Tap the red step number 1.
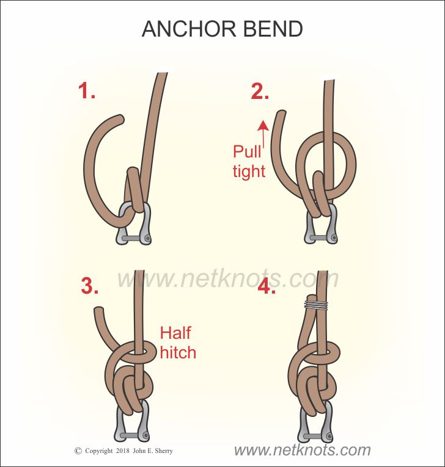87,92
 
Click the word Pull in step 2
246,151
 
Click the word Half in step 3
175,333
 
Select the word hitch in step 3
178,352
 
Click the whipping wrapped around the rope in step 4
316,304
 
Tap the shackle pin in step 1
133,237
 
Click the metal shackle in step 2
320,229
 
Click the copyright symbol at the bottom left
78,451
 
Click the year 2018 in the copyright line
122,451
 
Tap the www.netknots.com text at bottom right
302,451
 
